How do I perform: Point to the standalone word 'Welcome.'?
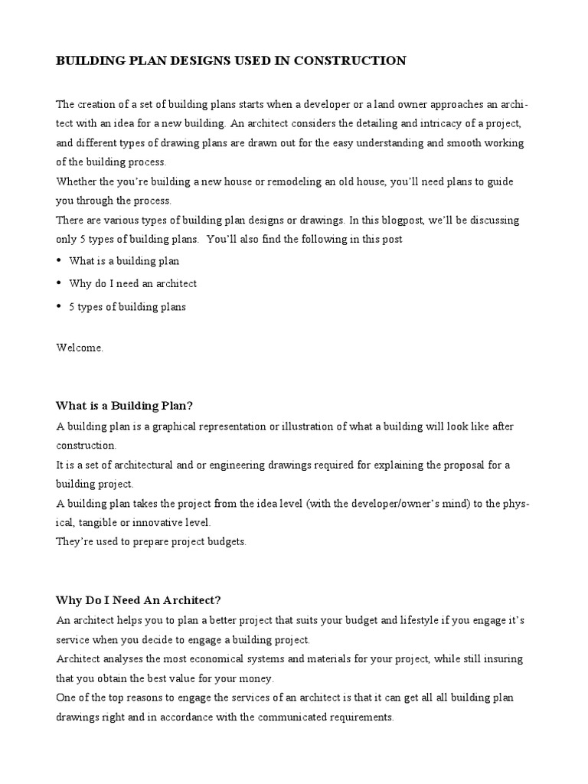pos(80,347)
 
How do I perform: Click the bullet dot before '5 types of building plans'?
pos(59,306)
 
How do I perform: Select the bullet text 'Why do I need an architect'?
pos(133,283)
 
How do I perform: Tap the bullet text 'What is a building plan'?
pos(124,261)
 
